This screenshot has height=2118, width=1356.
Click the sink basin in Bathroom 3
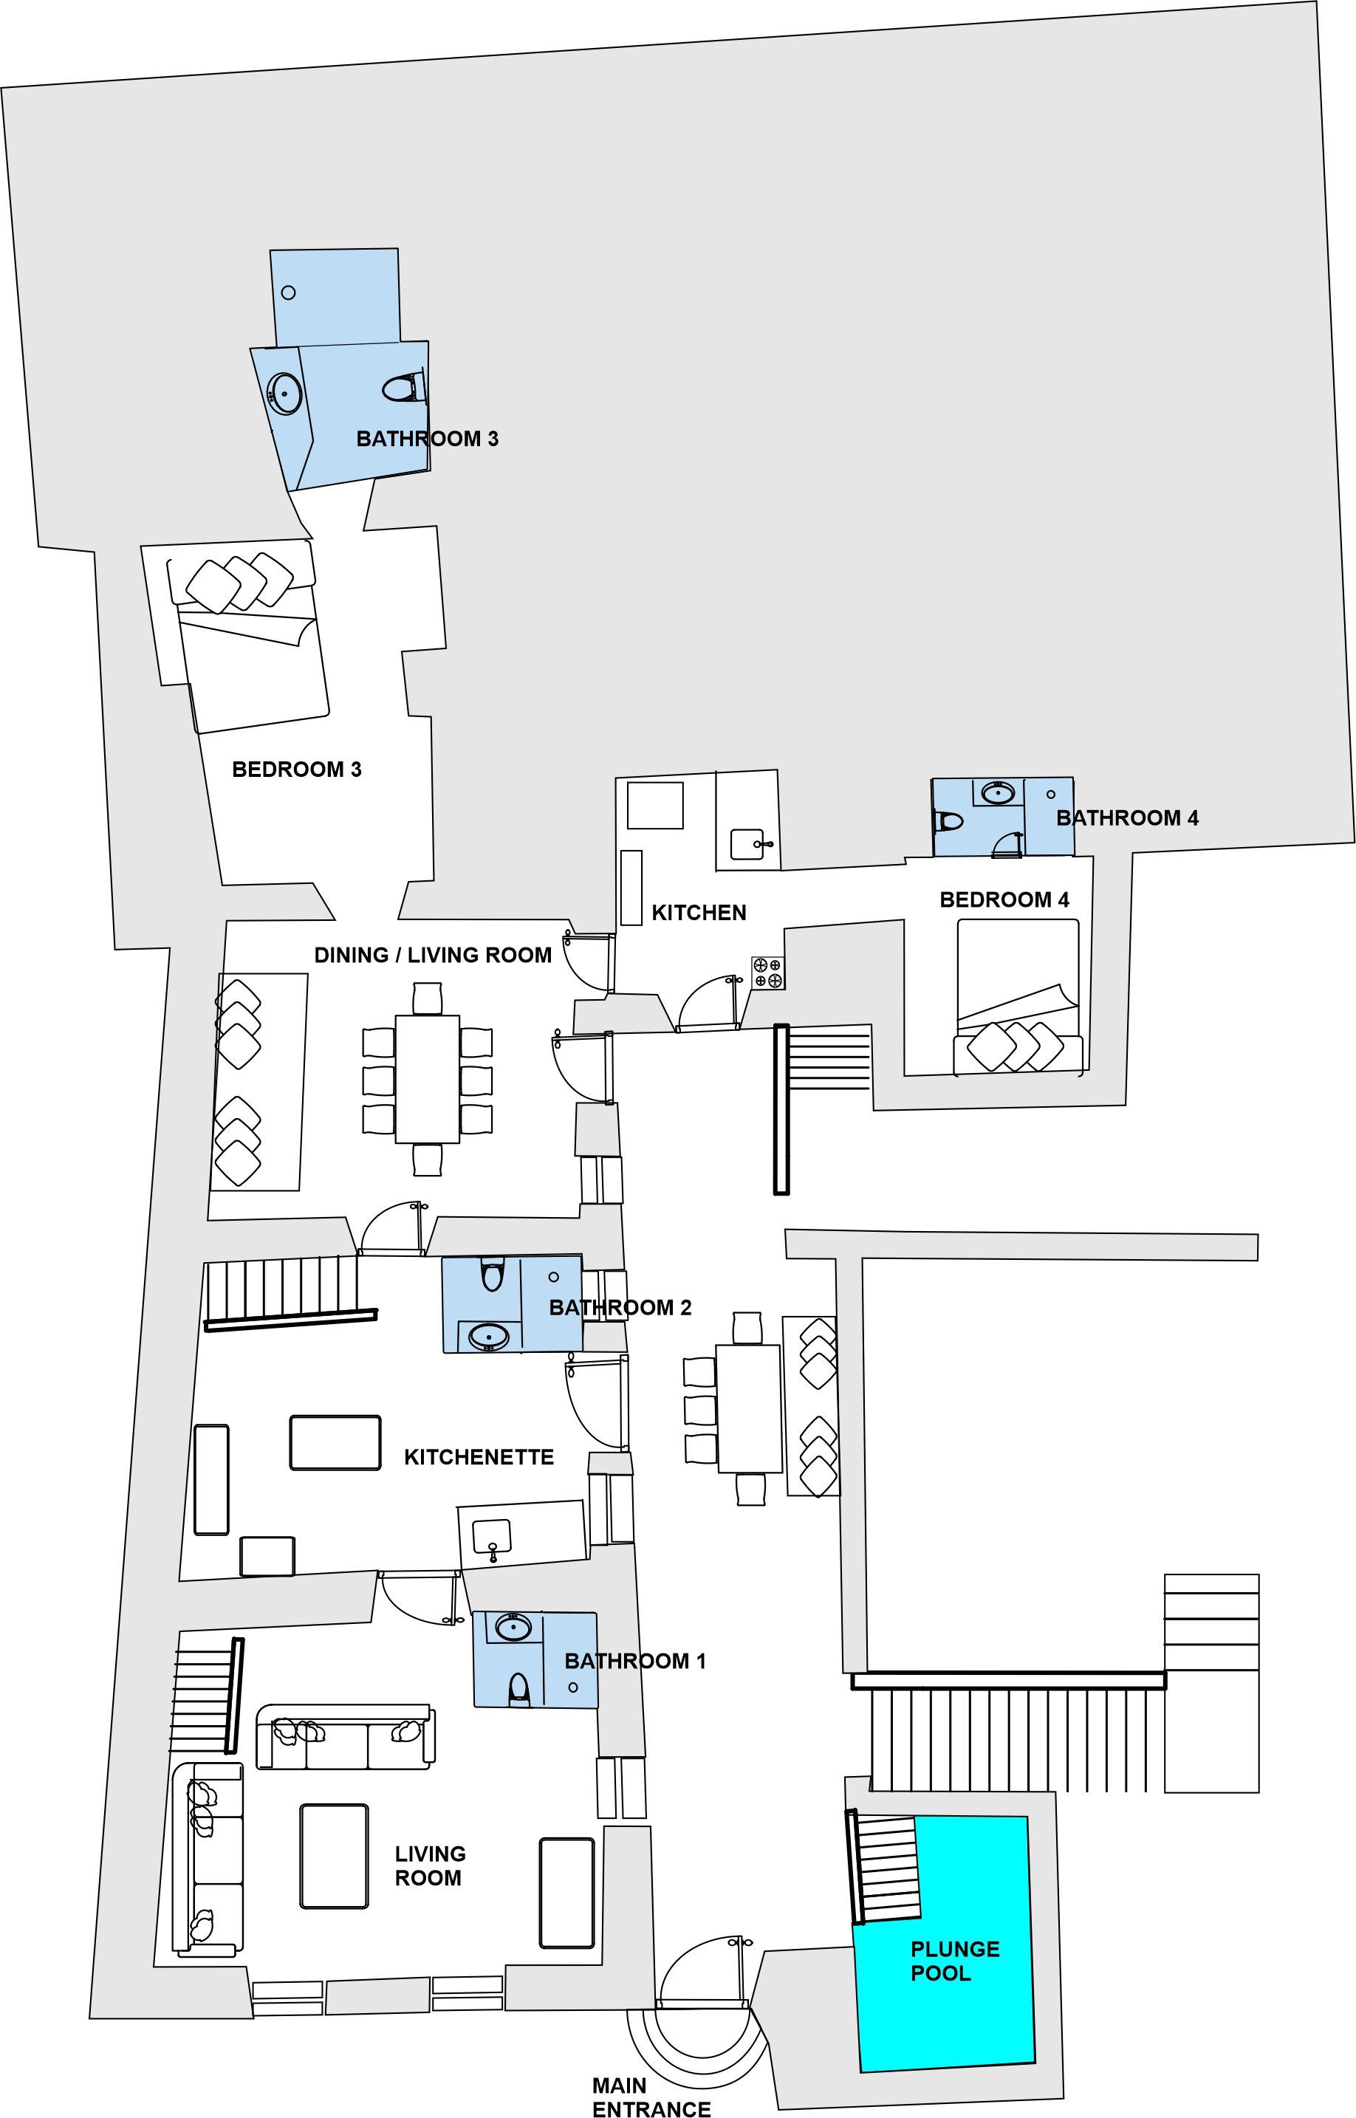284,394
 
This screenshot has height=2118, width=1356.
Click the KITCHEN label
698,913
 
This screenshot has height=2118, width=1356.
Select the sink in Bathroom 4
997,793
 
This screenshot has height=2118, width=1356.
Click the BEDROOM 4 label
1004,899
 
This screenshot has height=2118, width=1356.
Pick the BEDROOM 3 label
297,770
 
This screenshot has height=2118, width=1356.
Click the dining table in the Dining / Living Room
427,1079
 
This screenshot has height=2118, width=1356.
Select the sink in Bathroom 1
513,1628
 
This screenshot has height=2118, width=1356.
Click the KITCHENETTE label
479,1457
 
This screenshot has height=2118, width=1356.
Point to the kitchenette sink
491,1536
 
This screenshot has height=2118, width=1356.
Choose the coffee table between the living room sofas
334,1856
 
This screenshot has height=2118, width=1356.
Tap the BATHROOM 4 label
1127,818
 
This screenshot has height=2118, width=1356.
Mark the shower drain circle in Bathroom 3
288,293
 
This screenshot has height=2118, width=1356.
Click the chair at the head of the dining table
427,998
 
